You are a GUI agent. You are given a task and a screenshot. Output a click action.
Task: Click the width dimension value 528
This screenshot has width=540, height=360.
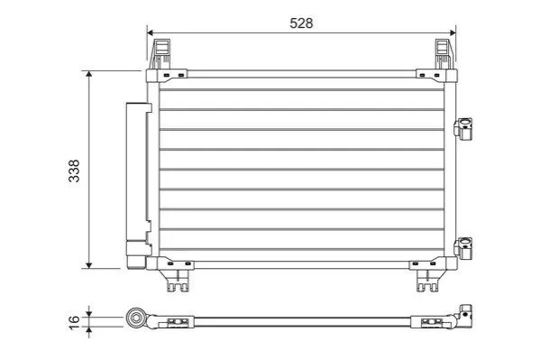coord(301,23)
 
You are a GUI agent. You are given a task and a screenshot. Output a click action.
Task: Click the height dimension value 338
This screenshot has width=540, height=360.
coord(74,171)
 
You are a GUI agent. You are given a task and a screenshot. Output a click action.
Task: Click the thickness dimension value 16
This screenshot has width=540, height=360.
coord(74,322)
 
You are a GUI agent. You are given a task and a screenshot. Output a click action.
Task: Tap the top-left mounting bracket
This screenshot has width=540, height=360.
coord(160,54)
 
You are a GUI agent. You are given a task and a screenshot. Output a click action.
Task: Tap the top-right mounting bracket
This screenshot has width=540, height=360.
coord(444,54)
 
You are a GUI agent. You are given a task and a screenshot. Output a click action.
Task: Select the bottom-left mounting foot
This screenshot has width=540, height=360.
coord(178,280)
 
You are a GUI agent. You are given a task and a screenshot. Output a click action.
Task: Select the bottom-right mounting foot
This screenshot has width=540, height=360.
coord(427,280)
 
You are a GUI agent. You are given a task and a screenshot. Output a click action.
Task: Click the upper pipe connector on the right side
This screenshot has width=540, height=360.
coord(463,129)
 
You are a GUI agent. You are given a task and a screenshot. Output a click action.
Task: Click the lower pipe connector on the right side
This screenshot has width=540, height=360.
coord(463,248)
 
